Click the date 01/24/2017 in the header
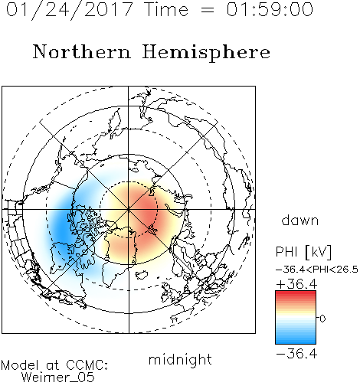coord(70,10)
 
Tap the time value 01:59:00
coord(270,9)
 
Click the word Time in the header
coord(166,9)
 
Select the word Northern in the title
coord(82,52)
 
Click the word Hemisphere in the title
coord(206,53)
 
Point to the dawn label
coord(300,220)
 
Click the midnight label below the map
coord(180,359)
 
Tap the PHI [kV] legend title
coord(303,252)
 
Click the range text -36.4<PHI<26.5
coord(317,270)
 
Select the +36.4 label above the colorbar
coord(296,284)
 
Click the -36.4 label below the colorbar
coord(296,354)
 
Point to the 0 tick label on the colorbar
coord(322,319)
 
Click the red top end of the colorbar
coord(296,293)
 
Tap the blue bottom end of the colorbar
coord(296,342)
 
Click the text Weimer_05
coord(58,378)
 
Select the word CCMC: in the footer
coord(87,365)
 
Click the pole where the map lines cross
coord(129,209)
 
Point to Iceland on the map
coord(141,275)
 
